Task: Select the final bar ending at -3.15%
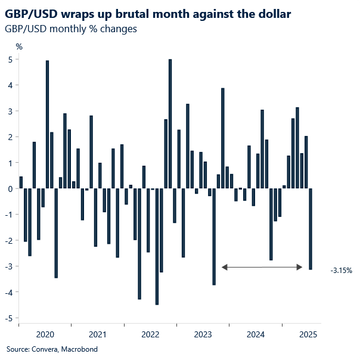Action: pyautogui.click(x=311, y=229)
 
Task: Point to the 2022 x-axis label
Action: pyautogui.click(x=150, y=334)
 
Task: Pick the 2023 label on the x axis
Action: pyautogui.click(x=203, y=334)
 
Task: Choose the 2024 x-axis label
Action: pyautogui.click(x=256, y=334)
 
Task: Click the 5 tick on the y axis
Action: pyautogui.click(x=10, y=60)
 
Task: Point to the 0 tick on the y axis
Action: pyautogui.click(x=10, y=189)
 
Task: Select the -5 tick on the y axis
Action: pyautogui.click(x=9, y=318)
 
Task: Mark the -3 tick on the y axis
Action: pyautogui.click(x=9, y=266)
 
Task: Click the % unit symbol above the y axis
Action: pyautogui.click(x=19, y=46)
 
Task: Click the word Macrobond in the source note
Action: pyautogui.click(x=78, y=349)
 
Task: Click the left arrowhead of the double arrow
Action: pyautogui.click(x=225, y=268)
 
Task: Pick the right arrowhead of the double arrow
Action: pyautogui.click(x=300, y=268)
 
